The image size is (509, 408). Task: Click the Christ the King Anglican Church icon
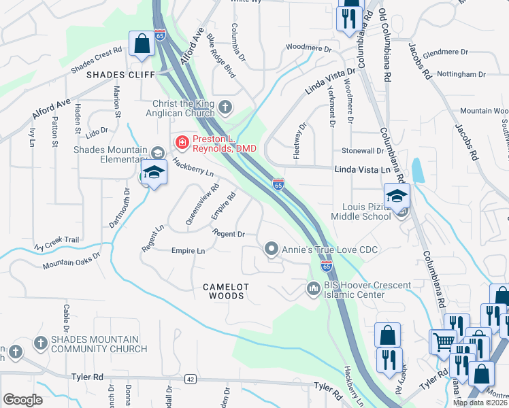226,107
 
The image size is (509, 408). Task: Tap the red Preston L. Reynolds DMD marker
182,142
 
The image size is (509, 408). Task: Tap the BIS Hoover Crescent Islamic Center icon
314,289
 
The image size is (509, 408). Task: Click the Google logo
22,400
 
